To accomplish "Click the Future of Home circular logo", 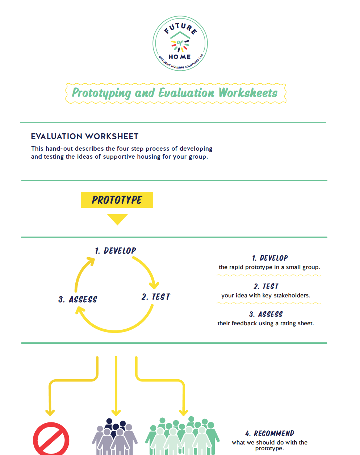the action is point(180,43).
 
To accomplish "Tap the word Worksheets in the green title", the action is point(248,93).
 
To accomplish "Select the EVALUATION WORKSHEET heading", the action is point(85,137).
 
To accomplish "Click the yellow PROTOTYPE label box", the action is point(117,200).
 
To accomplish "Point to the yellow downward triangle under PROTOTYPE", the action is point(117,219).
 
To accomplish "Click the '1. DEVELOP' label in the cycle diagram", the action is point(116,251).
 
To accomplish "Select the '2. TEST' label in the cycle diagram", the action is point(156,297).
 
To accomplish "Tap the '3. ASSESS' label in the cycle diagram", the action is point(78,300).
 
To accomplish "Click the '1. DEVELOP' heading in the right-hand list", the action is point(270,258).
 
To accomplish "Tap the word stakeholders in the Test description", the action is point(292,296).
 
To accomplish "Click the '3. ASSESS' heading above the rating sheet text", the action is point(266,314).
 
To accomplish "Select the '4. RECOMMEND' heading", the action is point(270,434).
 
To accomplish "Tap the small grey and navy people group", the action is point(115,437).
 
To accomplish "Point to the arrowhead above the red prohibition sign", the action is point(50,412).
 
